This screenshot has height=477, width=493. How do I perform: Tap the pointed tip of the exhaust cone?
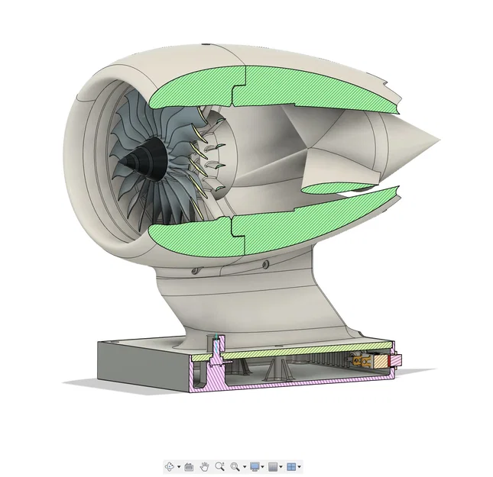click(x=438, y=140)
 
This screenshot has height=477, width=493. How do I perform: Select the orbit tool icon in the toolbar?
click(x=170, y=466)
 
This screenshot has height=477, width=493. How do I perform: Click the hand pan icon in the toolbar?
click(x=204, y=466)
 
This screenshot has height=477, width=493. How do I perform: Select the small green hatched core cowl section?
click(x=336, y=185)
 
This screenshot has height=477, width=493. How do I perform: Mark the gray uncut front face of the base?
click(x=141, y=363)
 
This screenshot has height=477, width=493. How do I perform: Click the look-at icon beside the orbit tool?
click(x=188, y=466)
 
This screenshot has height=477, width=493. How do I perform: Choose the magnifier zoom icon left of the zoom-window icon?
click(x=219, y=466)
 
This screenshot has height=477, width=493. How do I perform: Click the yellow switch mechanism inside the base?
click(x=359, y=361)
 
